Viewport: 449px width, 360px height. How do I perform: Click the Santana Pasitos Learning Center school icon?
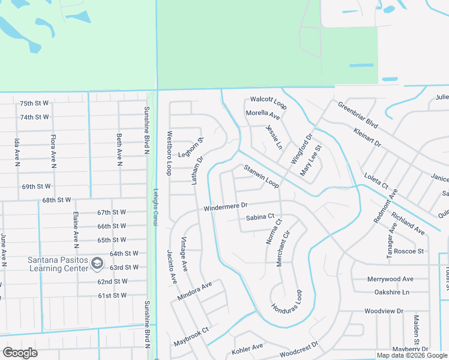(97, 262)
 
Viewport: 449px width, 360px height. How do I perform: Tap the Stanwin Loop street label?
(261, 176)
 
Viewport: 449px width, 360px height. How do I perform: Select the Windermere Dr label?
(226, 206)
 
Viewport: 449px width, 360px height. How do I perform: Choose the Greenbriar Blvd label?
(357, 115)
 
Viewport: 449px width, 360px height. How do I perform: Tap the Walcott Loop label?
(268, 99)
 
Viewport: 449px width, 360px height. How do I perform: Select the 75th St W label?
(34, 103)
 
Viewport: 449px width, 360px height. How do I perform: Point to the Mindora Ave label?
(195, 291)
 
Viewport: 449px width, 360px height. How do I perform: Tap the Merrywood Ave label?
(391, 279)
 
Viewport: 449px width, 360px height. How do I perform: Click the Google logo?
(20, 353)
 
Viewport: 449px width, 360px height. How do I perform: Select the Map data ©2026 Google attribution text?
(411, 355)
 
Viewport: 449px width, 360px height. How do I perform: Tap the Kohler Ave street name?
(247, 347)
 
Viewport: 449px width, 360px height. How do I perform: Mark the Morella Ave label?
(263, 114)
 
